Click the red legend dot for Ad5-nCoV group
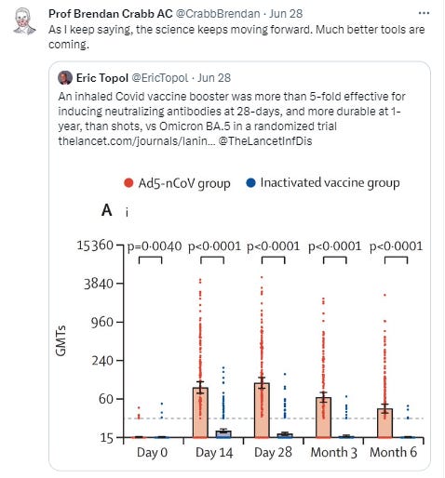(129, 183)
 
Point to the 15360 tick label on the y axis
(93, 246)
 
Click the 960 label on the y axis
(101, 323)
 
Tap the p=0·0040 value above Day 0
(150, 246)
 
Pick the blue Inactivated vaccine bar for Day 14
(222, 433)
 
